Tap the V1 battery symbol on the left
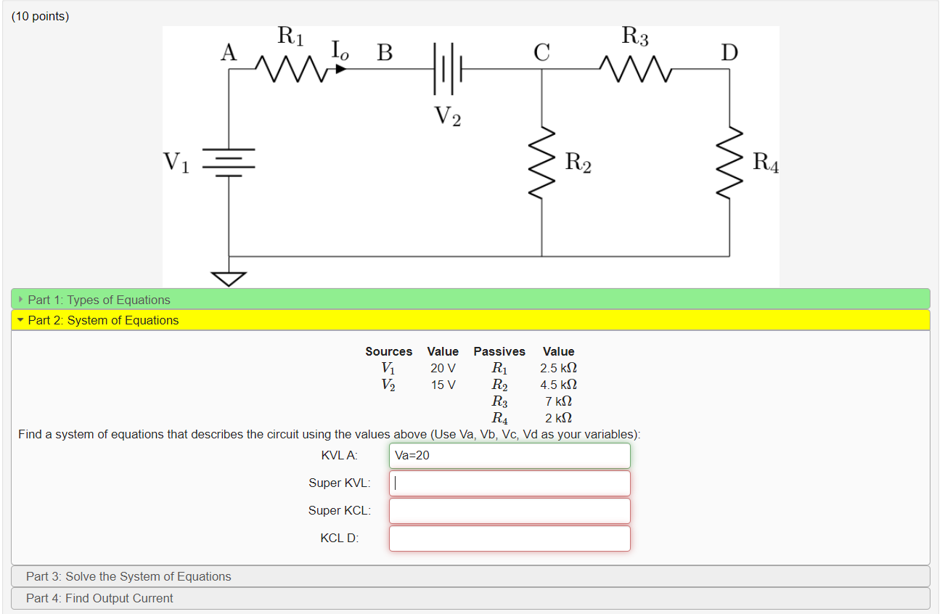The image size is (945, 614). coord(229,163)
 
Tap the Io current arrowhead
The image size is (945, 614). coord(340,69)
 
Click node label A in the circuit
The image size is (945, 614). coord(229,52)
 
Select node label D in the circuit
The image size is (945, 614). coord(729,52)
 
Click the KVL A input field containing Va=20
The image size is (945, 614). coord(510,456)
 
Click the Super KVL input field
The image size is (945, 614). coord(510,483)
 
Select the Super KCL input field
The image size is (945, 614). coord(510,511)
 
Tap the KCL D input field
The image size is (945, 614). coord(510,539)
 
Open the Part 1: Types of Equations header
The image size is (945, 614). coord(99,300)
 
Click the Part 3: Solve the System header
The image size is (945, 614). coord(128,576)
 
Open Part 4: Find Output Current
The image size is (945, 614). coord(99,598)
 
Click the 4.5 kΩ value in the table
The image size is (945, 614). coord(558,385)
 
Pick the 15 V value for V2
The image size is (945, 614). coord(443,385)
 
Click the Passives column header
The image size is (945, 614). coord(499,351)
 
